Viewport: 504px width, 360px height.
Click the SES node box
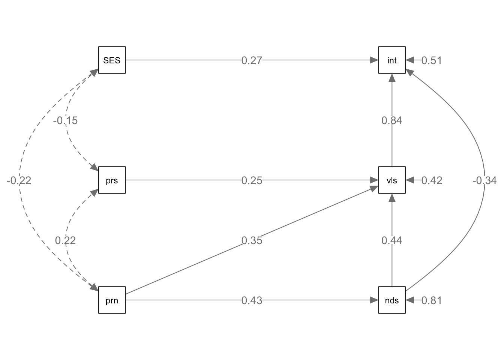(112, 60)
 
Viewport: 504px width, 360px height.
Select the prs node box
(112, 180)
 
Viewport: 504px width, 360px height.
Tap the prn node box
(112, 300)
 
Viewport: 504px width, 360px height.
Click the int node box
(392, 60)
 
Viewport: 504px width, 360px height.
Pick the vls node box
(392, 180)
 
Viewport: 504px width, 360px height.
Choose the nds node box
(392, 300)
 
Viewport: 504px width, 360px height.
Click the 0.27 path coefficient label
(252, 60)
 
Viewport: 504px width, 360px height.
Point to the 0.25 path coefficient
(252, 180)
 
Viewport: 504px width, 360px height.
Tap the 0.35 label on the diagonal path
(252, 240)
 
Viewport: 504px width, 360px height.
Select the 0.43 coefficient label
(252, 300)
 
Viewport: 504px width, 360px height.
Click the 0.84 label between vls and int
(392, 120)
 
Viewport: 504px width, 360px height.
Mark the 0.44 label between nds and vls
(392, 240)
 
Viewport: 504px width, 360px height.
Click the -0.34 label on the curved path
(484, 181)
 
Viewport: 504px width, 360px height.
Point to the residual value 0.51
(432, 60)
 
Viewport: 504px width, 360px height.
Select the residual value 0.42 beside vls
(432, 180)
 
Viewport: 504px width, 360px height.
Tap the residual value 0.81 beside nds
(432, 300)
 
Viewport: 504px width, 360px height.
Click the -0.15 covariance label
(66, 120)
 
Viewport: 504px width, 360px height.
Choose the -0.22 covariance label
(19, 180)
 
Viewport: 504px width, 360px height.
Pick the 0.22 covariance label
(66, 240)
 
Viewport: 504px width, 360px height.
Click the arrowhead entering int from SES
(374, 60)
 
